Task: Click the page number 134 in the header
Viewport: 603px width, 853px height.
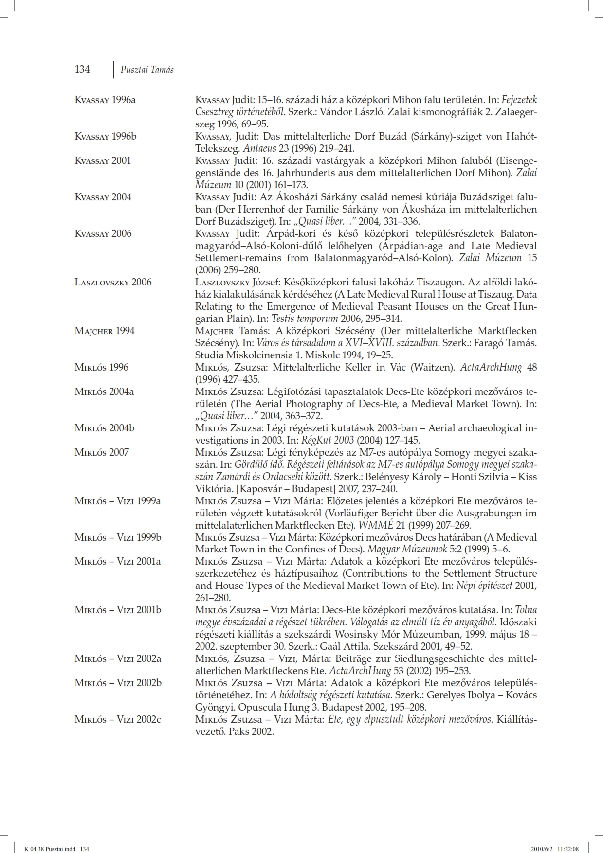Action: coord(82,70)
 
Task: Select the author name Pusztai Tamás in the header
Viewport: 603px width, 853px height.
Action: coord(147,70)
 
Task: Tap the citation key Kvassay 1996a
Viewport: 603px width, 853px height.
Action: coord(105,100)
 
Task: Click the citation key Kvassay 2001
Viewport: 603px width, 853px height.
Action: coord(103,161)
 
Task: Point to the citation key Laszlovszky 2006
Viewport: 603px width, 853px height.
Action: coord(113,283)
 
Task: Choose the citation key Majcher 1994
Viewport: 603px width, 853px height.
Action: coord(104,331)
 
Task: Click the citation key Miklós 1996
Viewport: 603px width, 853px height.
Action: coord(101,367)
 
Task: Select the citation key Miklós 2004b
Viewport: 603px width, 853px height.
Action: coord(105,428)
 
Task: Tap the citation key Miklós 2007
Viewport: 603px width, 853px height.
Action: coord(102,453)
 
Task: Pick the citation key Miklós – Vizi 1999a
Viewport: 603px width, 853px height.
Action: coord(118,501)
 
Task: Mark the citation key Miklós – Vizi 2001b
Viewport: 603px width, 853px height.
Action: coord(118,610)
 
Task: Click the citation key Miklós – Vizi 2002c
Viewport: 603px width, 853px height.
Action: coord(118,719)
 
